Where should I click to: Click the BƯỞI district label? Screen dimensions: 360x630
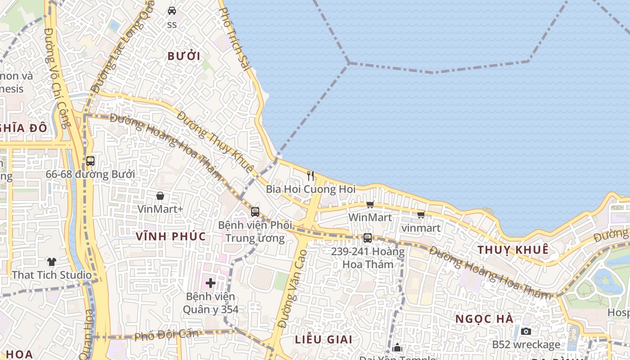(x=184, y=56)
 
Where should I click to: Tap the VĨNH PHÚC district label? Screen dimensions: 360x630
(x=171, y=236)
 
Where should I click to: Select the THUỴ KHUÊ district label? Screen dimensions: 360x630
(x=513, y=250)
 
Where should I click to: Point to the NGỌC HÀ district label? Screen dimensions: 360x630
(x=484, y=319)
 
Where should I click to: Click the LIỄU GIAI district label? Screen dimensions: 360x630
(x=324, y=339)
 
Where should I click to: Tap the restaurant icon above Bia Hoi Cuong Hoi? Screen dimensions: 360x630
(x=310, y=175)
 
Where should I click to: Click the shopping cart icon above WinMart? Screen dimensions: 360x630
(x=370, y=205)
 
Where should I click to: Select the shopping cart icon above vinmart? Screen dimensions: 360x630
(x=421, y=215)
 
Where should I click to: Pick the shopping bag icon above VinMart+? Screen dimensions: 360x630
(x=160, y=196)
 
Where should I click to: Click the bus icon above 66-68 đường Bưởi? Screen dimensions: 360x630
(x=90, y=161)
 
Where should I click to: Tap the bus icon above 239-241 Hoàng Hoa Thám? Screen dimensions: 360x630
(x=368, y=238)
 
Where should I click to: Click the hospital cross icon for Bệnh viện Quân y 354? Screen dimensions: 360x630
(x=210, y=283)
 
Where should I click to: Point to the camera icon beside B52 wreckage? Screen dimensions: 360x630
(x=526, y=332)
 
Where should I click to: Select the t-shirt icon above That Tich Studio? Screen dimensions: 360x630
(x=52, y=261)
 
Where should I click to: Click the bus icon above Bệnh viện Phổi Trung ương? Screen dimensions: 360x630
(x=255, y=211)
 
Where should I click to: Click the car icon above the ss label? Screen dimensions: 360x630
(x=172, y=10)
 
